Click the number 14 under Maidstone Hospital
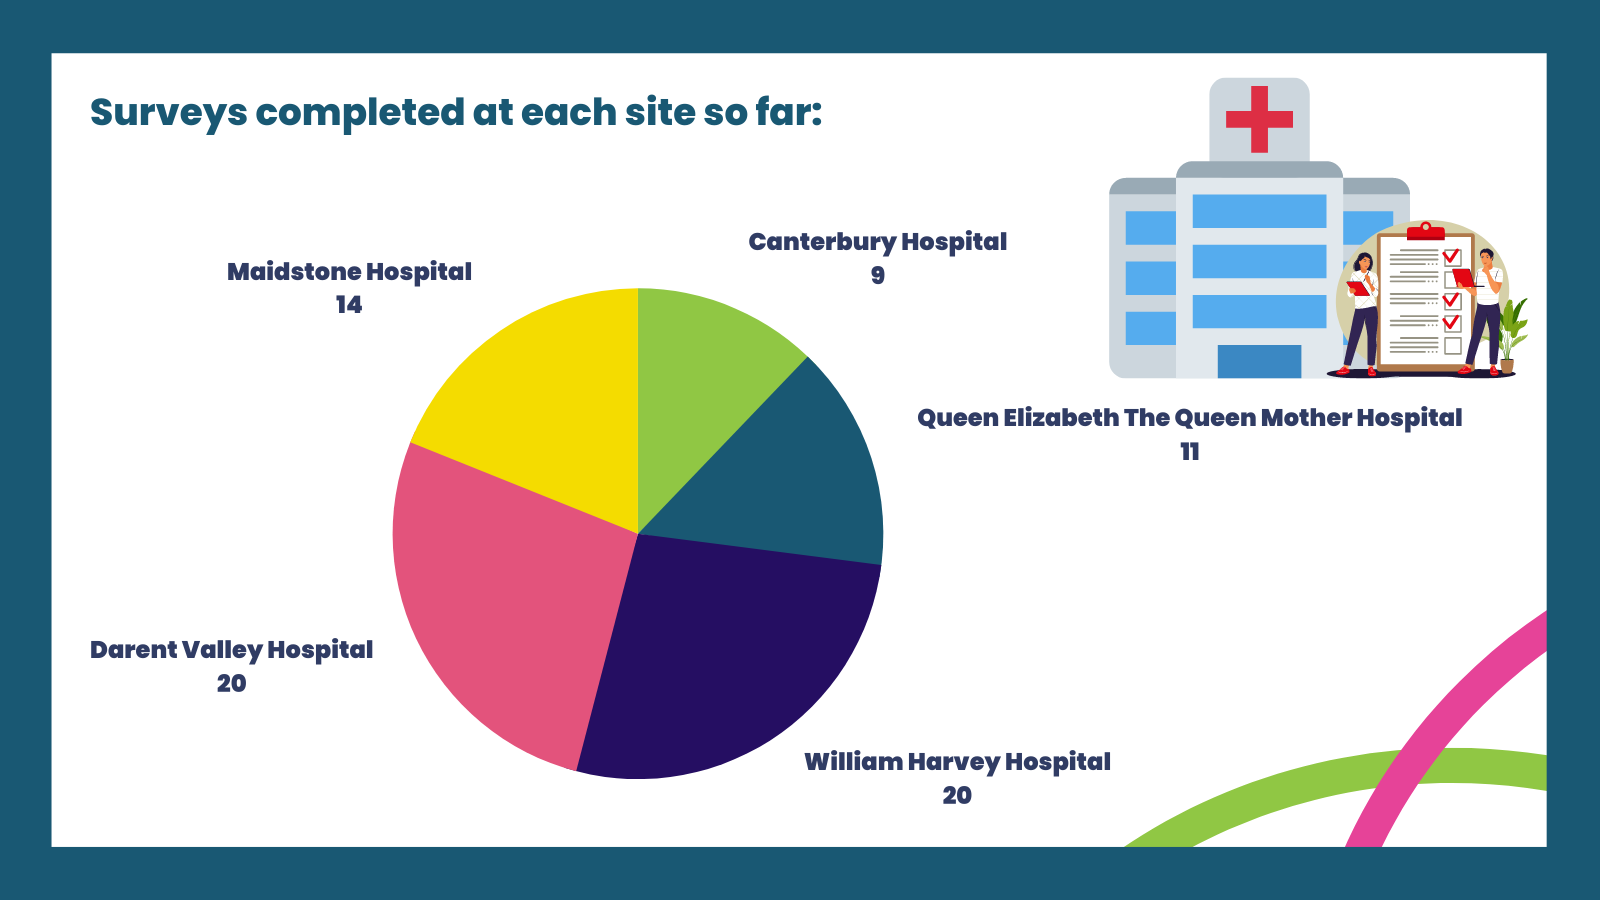(349, 305)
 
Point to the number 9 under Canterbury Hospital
(878, 275)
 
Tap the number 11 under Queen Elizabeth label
(1189, 451)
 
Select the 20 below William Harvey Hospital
(957, 795)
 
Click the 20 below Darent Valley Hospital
(231, 683)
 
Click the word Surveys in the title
(169, 113)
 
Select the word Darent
(133, 649)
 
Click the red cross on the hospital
(1259, 119)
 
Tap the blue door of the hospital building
(1259, 361)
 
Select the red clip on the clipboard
(1426, 231)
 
